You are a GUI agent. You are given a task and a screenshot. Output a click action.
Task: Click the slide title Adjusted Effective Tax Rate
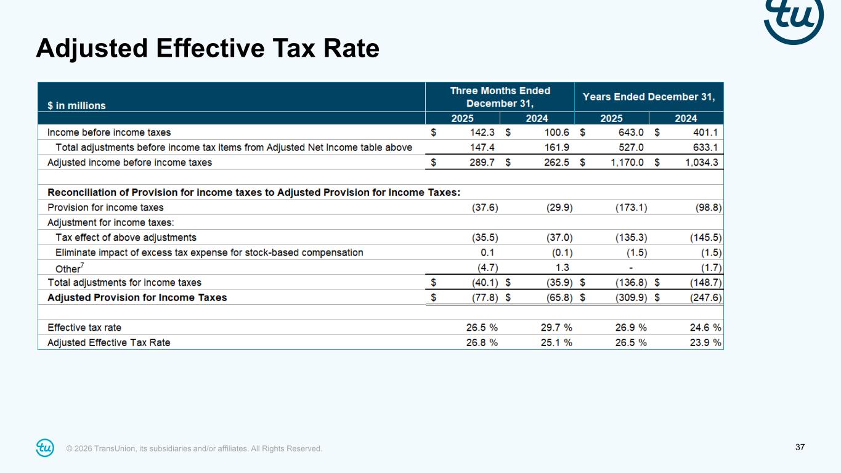[207, 48]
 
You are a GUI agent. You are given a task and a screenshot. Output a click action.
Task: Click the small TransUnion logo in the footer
[45, 448]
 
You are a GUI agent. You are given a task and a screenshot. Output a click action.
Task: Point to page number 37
[800, 447]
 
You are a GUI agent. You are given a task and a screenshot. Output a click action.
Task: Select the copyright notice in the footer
[194, 449]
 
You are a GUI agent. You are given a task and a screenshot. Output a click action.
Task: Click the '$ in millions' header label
[77, 105]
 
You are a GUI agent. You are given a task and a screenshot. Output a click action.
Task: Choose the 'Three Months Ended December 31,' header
[500, 97]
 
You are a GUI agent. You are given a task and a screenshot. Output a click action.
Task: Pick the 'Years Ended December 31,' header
[649, 97]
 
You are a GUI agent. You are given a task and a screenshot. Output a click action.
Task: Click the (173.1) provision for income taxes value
[631, 208]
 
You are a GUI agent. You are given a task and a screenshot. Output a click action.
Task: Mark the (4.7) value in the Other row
[485, 267]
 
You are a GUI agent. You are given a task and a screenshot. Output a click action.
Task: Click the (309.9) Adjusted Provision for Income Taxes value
[631, 297]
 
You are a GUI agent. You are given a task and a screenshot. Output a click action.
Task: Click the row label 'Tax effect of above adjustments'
[126, 237]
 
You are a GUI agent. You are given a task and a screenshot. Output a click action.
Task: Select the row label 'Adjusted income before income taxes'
[129, 163]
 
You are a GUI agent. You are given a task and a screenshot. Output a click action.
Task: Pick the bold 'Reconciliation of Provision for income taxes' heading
[254, 192]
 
